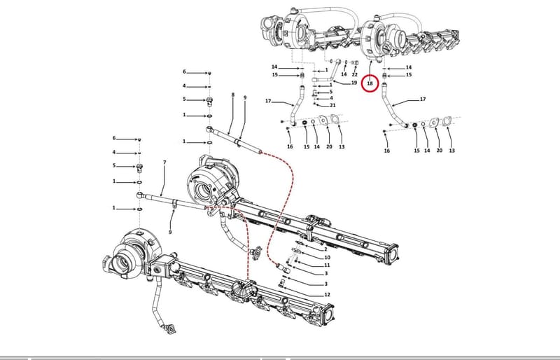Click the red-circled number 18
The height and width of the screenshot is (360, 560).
tap(370, 83)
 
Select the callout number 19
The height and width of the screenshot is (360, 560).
tap(354, 83)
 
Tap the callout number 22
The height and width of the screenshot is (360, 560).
tap(354, 74)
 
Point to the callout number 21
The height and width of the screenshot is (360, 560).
tap(332, 105)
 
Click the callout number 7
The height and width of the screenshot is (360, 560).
tap(164, 162)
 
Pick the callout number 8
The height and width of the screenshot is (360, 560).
tap(233, 95)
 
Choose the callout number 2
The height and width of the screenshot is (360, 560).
tap(325, 249)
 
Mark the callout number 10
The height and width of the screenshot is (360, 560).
tap(327, 258)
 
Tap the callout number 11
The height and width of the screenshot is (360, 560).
tap(327, 265)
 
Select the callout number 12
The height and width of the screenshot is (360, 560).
tap(327, 295)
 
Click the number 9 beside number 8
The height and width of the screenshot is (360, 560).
tap(245, 97)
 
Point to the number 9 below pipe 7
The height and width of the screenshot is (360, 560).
tap(170, 232)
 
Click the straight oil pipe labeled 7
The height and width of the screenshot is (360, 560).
tap(171, 200)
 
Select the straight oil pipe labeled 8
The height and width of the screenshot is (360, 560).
tap(234, 139)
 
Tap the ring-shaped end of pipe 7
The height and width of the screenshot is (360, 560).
tap(139, 195)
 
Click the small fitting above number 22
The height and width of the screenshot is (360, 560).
tap(355, 62)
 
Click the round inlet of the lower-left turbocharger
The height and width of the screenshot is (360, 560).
tap(120, 263)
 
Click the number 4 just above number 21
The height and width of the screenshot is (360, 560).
tap(331, 97)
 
